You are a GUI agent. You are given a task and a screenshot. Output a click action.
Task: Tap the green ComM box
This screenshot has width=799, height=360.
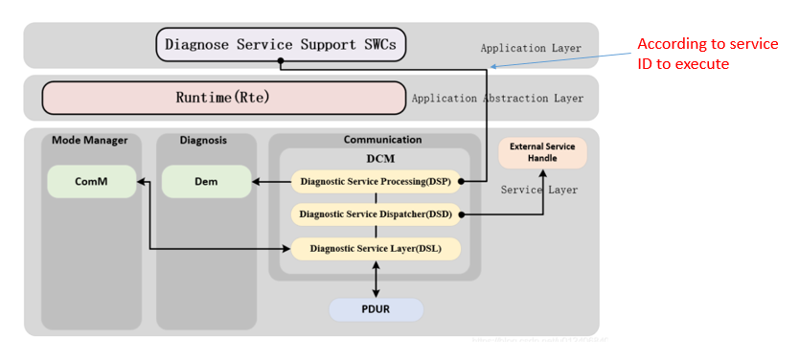[x=92, y=181]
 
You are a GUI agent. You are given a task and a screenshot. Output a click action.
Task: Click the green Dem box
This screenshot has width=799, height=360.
[x=206, y=181]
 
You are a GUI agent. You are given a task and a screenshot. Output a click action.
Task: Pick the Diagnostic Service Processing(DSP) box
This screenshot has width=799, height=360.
[x=376, y=181]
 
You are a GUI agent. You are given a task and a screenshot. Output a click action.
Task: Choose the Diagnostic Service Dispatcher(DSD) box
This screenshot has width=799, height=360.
[x=376, y=214]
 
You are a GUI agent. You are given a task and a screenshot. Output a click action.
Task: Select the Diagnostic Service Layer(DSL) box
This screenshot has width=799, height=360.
[x=376, y=248]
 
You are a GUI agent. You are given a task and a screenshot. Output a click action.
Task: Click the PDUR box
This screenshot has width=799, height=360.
[x=375, y=310]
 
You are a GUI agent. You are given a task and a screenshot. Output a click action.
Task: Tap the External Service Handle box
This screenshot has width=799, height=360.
[x=542, y=153]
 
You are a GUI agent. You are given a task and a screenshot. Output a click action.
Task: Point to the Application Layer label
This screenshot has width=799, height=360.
[x=530, y=48]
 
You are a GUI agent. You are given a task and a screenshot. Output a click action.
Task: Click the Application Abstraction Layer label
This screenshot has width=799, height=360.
[x=497, y=99]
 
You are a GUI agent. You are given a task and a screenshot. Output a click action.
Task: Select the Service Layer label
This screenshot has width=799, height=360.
[x=539, y=190]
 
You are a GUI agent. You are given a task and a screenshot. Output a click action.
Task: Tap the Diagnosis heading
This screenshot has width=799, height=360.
[x=203, y=140]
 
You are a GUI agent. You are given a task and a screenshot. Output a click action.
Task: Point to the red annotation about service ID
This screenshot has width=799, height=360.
[x=707, y=54]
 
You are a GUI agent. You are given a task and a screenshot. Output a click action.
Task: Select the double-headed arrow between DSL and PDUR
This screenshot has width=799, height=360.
[x=375, y=279]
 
